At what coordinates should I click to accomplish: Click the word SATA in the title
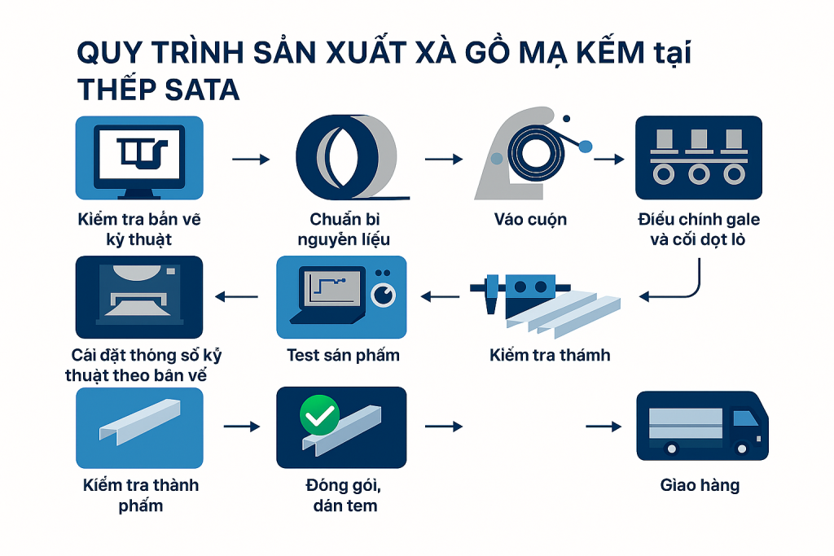click(202, 90)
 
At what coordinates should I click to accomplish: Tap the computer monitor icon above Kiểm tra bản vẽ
click(139, 158)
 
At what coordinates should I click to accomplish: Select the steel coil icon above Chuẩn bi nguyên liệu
click(351, 158)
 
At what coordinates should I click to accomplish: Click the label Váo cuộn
click(530, 220)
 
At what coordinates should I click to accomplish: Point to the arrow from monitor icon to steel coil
click(251, 159)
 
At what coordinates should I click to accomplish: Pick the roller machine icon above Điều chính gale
click(699, 158)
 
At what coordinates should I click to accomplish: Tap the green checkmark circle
click(319, 415)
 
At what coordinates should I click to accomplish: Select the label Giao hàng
click(700, 485)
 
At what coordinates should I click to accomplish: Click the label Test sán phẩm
click(343, 355)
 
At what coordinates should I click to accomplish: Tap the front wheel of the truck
click(741, 449)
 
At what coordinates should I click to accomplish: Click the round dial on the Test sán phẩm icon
click(383, 295)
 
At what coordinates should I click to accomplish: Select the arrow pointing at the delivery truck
click(604, 427)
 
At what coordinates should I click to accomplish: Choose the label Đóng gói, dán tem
click(345, 495)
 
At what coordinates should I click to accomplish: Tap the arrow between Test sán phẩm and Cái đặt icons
click(236, 296)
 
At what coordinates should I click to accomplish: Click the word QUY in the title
click(110, 53)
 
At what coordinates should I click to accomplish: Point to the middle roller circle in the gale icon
click(699, 174)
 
